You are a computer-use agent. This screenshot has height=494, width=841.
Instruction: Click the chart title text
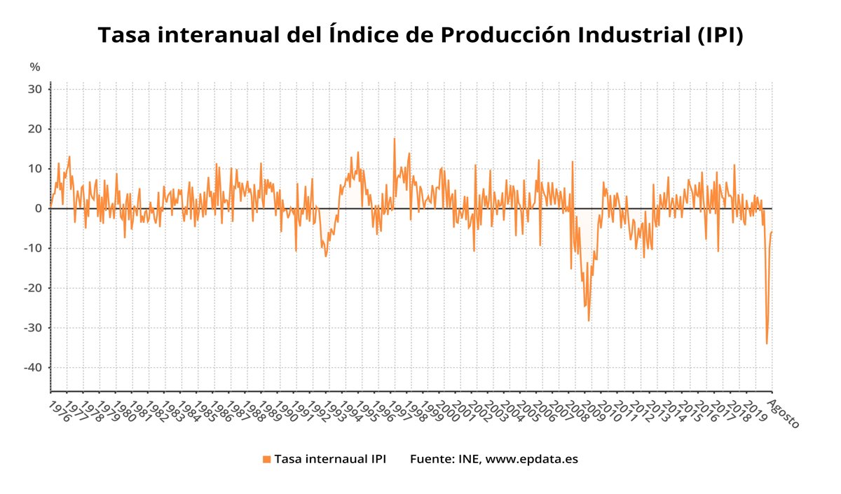420,35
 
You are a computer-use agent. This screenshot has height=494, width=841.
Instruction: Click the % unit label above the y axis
35,67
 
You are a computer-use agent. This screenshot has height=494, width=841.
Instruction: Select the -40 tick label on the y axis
34,368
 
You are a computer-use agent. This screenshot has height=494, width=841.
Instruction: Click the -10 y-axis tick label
34,249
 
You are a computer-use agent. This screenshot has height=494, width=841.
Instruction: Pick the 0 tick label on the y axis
39,209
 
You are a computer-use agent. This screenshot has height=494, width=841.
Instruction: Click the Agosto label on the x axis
784,414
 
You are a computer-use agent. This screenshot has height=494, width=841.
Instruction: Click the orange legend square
266,460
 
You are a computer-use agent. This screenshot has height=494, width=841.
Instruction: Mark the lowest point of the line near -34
767,343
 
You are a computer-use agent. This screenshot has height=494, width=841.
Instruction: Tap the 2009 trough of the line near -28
589,321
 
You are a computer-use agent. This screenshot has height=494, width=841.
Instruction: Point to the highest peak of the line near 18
394,138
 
